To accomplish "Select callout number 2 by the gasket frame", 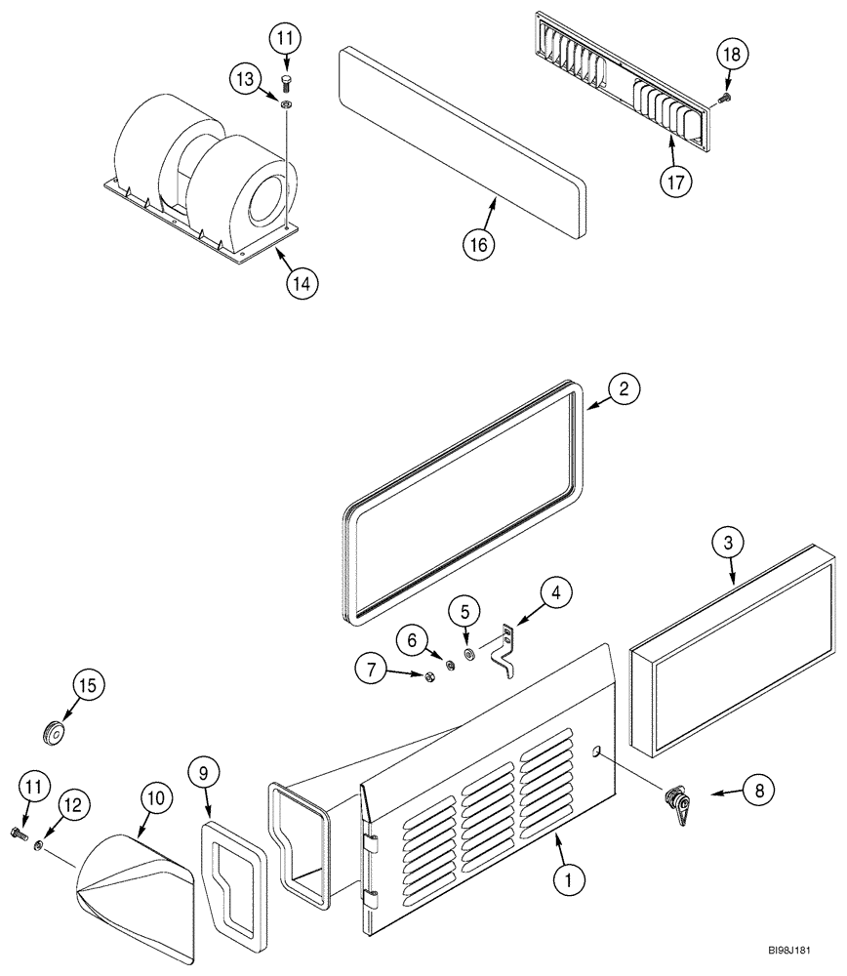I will (625, 388).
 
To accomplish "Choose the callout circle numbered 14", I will (302, 283).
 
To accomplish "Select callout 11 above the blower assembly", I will (286, 40).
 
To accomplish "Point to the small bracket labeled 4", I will (504, 649).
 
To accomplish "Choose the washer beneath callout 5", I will (469, 654).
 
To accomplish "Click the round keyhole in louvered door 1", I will (594, 751).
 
